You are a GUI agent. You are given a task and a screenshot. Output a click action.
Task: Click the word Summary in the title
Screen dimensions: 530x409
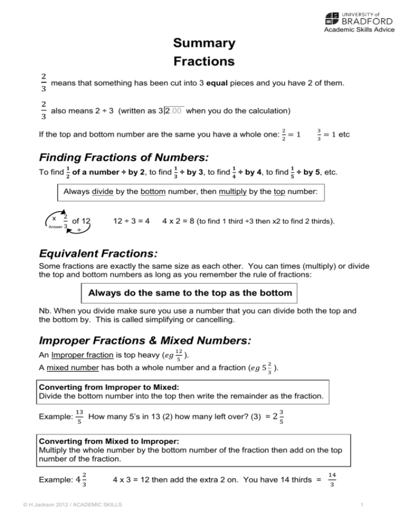pyautogui.click(x=204, y=43)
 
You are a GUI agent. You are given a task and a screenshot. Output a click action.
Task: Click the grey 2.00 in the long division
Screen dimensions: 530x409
pyautogui.click(x=174, y=111)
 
